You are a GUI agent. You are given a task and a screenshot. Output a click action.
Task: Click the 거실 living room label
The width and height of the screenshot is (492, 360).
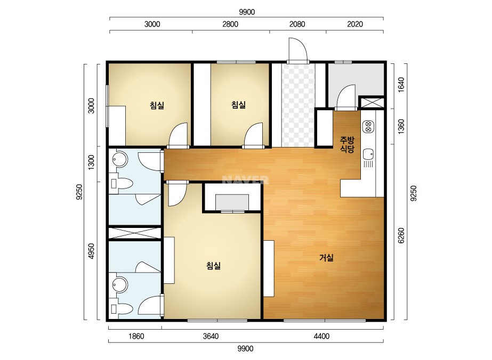(x=326, y=258)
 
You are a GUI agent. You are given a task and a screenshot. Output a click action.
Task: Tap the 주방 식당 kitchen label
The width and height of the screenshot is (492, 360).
(x=348, y=144)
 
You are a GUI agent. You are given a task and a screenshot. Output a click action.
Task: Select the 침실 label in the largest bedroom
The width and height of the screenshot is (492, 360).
(x=214, y=266)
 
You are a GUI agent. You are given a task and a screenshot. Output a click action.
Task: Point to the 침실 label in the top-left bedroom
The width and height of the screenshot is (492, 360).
(x=157, y=105)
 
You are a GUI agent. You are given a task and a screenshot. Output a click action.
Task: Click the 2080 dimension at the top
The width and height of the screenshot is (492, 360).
(x=297, y=24)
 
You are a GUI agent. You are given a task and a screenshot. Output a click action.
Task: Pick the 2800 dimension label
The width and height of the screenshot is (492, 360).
(x=230, y=24)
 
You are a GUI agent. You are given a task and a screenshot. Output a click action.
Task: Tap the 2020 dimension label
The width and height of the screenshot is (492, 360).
(x=355, y=24)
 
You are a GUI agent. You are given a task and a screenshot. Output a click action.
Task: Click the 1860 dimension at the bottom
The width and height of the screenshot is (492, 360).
(x=136, y=337)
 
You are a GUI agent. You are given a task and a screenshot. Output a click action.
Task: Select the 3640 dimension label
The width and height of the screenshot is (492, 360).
(x=211, y=337)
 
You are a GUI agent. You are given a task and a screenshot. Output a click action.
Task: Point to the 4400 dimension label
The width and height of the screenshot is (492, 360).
(x=321, y=337)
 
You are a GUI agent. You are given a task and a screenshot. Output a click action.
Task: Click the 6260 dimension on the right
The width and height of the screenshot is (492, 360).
(x=401, y=235)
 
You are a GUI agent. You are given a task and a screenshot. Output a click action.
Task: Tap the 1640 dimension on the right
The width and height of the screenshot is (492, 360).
(x=401, y=85)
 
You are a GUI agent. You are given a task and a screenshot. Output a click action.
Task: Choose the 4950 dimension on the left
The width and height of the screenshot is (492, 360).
(x=91, y=251)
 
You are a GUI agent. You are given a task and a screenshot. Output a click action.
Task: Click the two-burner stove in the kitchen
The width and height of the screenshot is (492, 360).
(x=368, y=126)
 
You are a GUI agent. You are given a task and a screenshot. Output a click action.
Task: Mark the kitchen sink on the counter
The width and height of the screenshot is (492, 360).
(x=368, y=154)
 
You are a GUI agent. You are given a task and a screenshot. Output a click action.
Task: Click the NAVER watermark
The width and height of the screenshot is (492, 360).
(x=245, y=180)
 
